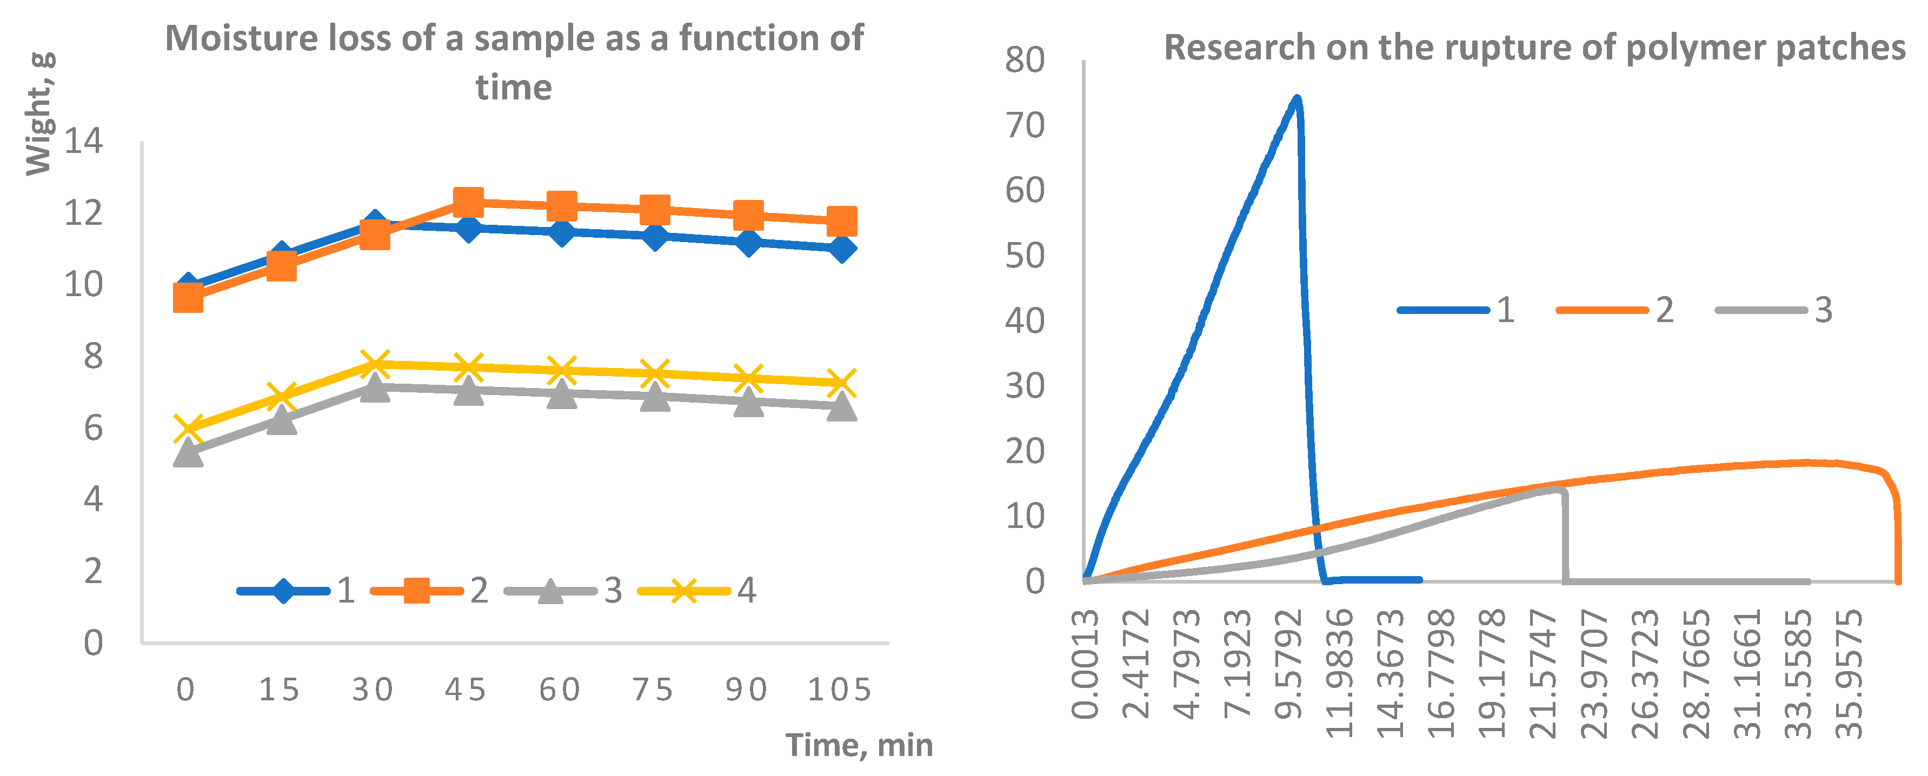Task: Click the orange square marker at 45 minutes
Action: [468, 202]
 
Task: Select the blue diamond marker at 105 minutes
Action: [841, 247]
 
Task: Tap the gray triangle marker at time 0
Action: [188, 452]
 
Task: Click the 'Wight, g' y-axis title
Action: [39, 113]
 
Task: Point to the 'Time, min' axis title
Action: [859, 745]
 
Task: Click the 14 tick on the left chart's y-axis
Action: [84, 141]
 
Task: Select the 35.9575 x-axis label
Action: [1849, 673]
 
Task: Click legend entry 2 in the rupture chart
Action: [1616, 310]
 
